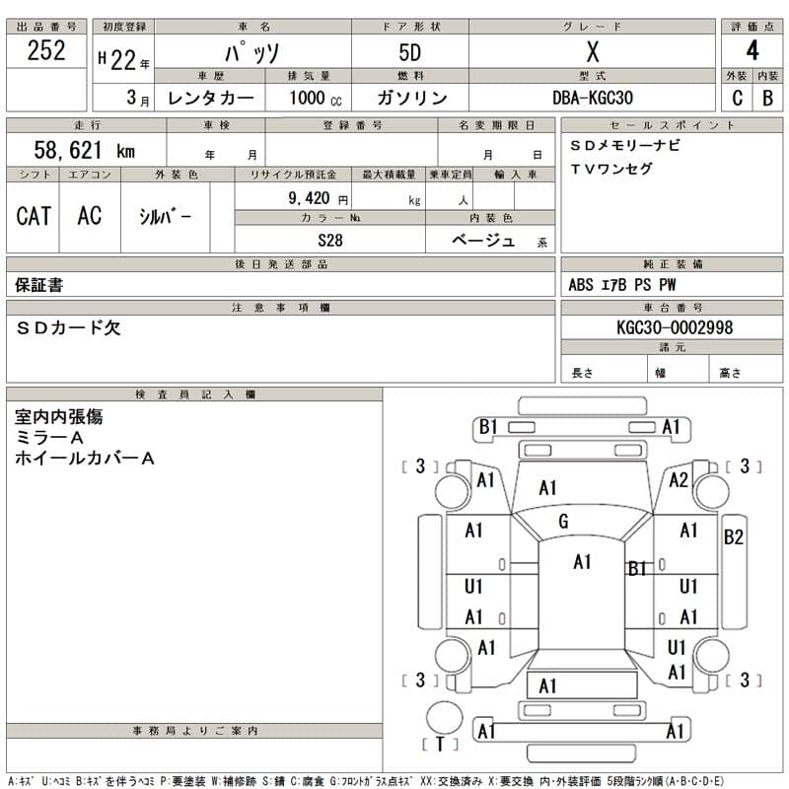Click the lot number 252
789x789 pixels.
pos(46,51)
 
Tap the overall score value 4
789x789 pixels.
pos(753,52)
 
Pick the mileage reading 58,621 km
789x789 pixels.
pos(84,150)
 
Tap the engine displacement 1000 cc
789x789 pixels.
pos(316,98)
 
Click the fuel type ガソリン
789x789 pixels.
pos(412,98)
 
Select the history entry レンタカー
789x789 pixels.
pos(211,98)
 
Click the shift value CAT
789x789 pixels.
pos(34,216)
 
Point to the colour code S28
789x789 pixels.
pos(330,240)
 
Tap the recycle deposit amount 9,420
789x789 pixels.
pos(304,198)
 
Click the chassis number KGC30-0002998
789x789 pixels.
pos(674,327)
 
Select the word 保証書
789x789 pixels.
pos(39,285)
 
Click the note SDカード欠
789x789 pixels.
pos(68,328)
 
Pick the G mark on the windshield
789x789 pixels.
pos(563,521)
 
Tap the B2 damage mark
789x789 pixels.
pos(733,538)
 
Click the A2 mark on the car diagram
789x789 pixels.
pos(678,480)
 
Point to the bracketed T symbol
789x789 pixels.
pos(440,744)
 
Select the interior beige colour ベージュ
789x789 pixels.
pos(483,240)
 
